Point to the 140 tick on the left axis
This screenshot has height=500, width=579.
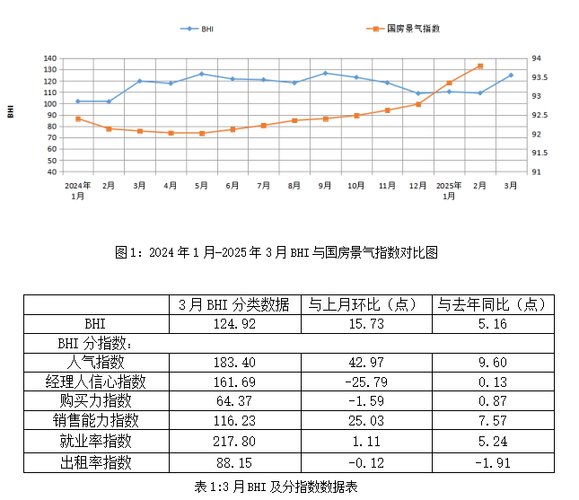pos(51,58)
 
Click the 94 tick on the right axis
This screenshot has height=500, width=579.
pos(536,58)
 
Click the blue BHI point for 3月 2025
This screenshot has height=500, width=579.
pos(511,75)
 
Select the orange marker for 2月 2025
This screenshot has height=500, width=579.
pos(480,66)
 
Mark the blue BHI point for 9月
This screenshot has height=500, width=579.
pos(325,73)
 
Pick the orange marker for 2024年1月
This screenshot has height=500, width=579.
pos(78,118)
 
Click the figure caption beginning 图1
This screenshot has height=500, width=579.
pos(276,252)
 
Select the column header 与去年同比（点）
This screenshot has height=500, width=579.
pos(492,304)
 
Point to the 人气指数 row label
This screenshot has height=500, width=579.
pos(96,363)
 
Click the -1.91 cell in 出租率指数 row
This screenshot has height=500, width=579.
pos(492,462)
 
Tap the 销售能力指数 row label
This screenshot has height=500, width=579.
pos(96,422)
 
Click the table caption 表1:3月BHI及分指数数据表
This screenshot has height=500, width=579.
pos(276,486)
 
